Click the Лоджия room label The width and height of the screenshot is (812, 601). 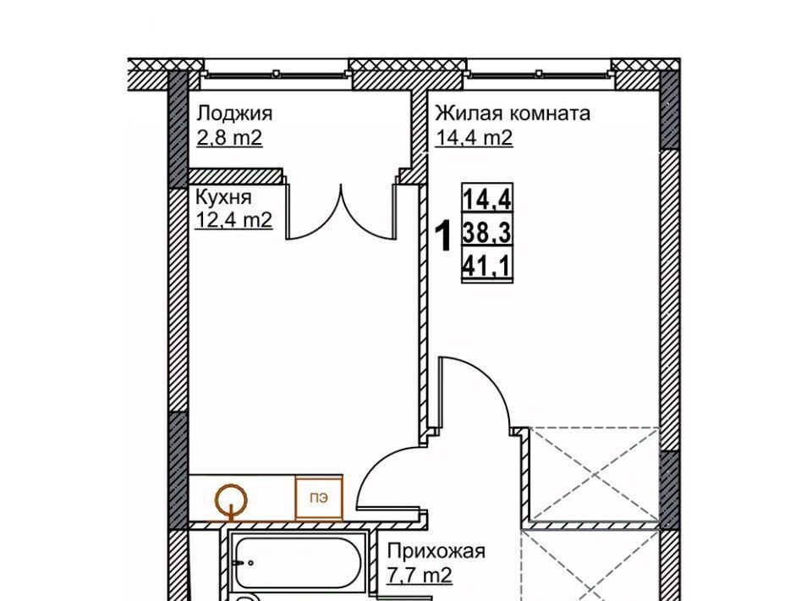click(x=234, y=113)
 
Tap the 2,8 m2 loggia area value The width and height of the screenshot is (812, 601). click(x=229, y=138)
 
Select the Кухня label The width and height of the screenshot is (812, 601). click(x=223, y=197)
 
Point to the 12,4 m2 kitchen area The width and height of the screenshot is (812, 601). click(x=234, y=221)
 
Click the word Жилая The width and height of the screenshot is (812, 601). click(x=467, y=113)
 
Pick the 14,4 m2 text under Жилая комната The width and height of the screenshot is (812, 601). click(x=474, y=138)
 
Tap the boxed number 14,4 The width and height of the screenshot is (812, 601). click(x=487, y=198)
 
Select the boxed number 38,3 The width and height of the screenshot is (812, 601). click(x=487, y=233)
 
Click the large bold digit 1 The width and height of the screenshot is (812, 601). click(x=442, y=235)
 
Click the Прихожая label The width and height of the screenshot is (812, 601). click(x=436, y=551)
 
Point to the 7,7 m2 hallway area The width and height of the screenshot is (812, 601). click(x=420, y=575)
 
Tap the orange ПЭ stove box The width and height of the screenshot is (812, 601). click(x=319, y=498)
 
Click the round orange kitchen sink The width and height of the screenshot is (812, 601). click(x=231, y=499)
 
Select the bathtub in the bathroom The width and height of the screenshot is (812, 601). click(x=299, y=565)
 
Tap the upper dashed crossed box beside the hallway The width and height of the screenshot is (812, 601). click(x=594, y=473)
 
